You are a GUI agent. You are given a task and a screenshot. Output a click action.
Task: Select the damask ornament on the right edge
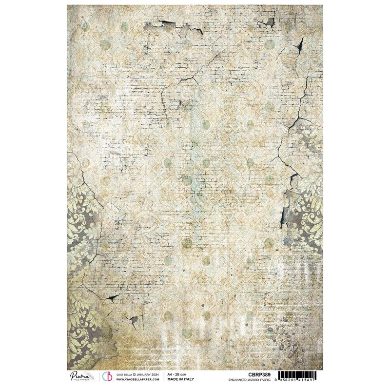point(312,210)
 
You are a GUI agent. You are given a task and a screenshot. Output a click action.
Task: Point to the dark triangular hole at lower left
point(113,298)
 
